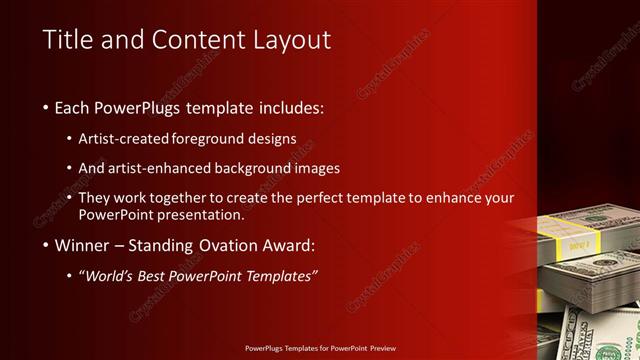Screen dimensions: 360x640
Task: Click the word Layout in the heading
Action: click(x=292, y=40)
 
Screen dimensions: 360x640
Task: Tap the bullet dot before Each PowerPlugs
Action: click(x=48, y=107)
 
